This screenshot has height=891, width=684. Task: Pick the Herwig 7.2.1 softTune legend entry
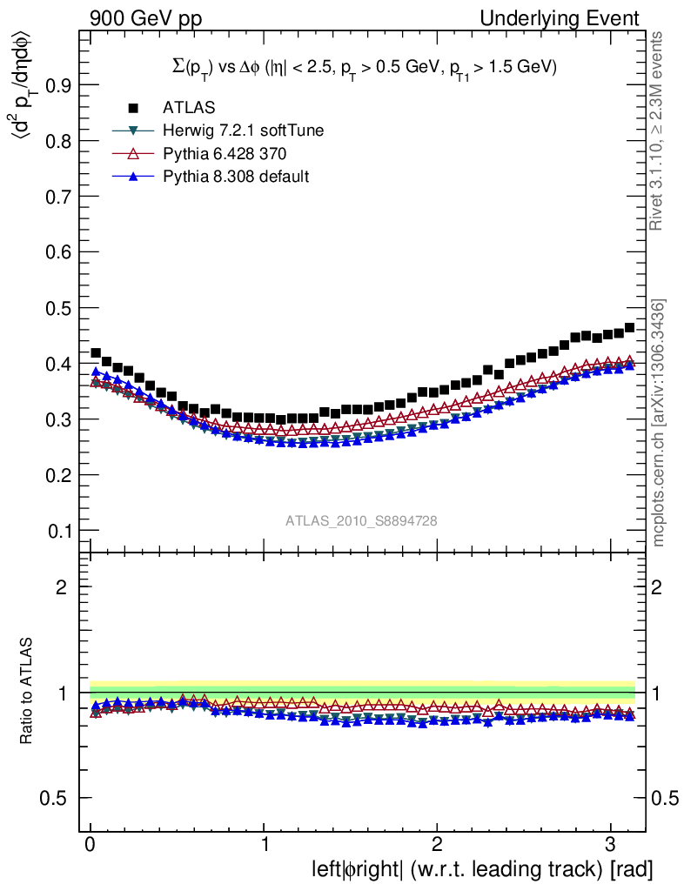[244, 131]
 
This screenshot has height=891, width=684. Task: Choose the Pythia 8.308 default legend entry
[236, 176]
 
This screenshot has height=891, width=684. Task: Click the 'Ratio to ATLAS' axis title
[29, 693]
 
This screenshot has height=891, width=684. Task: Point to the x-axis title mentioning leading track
[482, 868]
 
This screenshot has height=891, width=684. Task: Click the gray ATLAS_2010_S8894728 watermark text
[361, 520]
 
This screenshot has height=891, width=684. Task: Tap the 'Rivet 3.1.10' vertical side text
[658, 131]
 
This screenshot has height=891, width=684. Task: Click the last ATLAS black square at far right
[629, 328]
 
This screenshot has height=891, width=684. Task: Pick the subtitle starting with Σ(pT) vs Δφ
[363, 66]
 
